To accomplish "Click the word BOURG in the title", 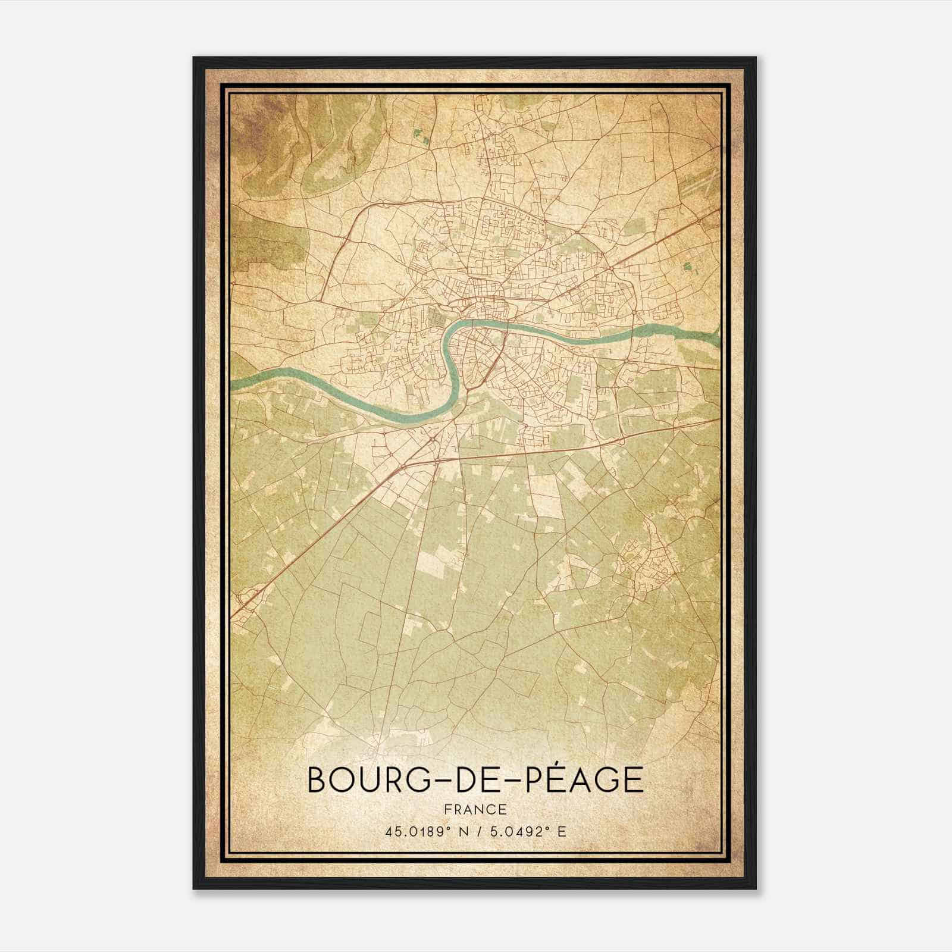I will click(358, 779).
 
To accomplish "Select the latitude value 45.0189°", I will click(415, 831).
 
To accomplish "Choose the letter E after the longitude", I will click(562, 831).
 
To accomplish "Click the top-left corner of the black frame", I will click(195, 58).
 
